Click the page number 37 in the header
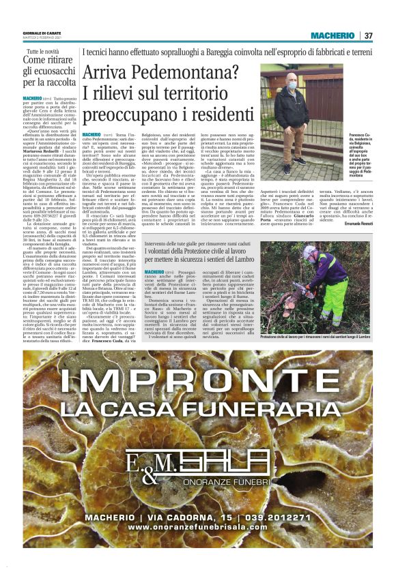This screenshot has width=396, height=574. pos(369,35)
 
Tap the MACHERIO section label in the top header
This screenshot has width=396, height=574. pos(333,35)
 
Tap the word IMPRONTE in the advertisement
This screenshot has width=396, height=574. pos(197,378)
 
